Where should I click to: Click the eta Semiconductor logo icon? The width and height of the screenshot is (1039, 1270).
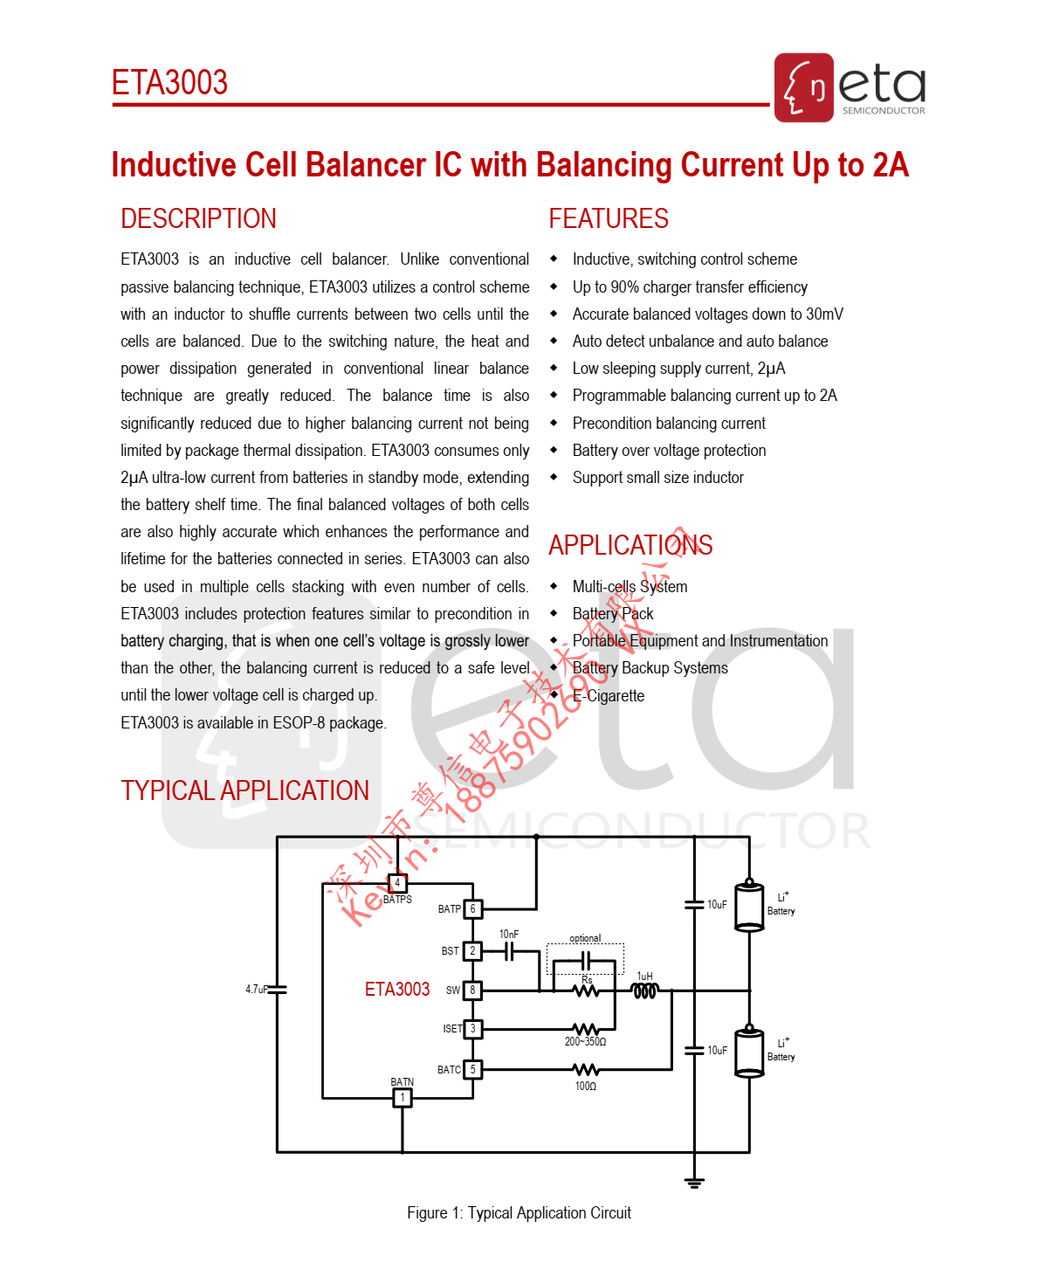pos(803,87)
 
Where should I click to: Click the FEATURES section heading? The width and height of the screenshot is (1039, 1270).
pos(609,218)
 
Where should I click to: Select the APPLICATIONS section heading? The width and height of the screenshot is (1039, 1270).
pos(630,545)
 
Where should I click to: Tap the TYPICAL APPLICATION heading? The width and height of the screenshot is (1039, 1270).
pos(244,790)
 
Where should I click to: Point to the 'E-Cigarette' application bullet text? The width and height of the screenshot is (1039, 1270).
pos(609,696)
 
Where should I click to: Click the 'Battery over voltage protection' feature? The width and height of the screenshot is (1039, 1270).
pos(669,451)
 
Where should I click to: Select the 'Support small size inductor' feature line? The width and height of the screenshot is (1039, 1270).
pos(657,478)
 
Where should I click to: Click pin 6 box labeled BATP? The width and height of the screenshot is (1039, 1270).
pos(472,909)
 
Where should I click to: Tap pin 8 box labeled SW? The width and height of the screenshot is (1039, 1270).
pos(472,990)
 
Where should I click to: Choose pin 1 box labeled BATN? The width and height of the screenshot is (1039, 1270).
pos(402,1098)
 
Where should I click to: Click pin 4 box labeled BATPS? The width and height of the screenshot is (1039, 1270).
pos(397,883)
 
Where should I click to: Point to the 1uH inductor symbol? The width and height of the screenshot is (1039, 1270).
pos(644,991)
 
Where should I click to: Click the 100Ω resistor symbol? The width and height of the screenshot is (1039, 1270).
pos(585,1070)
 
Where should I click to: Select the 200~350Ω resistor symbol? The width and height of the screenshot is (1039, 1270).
pos(585,1030)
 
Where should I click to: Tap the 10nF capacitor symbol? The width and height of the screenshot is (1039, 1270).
pos(510,951)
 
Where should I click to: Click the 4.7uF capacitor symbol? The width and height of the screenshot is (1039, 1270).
pos(277,990)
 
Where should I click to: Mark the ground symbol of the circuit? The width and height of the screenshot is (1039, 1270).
pos(694,1184)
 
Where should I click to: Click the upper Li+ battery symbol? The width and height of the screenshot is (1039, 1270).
pos(749,906)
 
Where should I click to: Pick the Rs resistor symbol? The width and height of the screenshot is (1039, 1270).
pos(587,990)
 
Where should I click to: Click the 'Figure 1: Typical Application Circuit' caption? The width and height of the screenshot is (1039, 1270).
pos(519,1213)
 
